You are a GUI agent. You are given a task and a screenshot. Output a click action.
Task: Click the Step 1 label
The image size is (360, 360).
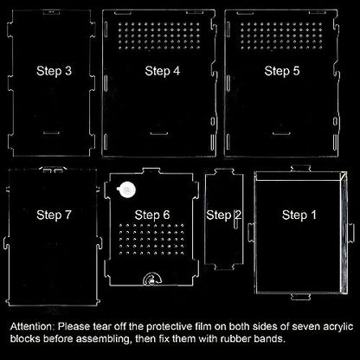(299, 215)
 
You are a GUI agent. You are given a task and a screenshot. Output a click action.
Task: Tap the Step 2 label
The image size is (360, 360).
(224, 215)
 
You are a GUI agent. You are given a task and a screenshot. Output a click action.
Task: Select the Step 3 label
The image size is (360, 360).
(54, 71)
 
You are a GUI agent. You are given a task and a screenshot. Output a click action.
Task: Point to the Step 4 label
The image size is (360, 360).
(163, 71)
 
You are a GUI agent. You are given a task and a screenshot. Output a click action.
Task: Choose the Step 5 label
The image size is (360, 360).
(282, 71)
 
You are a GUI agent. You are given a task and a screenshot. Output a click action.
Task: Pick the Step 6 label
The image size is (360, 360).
(152, 215)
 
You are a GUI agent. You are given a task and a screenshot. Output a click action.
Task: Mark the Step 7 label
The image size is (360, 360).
(54, 215)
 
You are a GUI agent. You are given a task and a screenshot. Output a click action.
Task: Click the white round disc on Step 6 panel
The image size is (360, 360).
(126, 190)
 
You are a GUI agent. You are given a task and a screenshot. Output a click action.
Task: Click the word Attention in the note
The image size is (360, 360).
(32, 327)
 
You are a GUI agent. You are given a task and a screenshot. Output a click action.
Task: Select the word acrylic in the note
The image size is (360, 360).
(338, 327)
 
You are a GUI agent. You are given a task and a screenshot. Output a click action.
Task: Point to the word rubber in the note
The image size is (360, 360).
(231, 338)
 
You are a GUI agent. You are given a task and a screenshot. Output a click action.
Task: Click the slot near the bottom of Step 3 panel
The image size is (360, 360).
(51, 132)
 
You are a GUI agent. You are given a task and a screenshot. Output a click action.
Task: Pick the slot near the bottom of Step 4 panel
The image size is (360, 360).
(159, 133)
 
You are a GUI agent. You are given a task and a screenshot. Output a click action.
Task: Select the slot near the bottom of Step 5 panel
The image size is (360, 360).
(281, 133)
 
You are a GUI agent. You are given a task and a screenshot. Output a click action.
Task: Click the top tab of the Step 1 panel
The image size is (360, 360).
(300, 168)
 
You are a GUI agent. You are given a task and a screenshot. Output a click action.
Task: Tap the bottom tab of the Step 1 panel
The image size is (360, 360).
(300, 297)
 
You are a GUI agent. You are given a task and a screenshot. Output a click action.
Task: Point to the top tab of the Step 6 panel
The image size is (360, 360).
(151, 170)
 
